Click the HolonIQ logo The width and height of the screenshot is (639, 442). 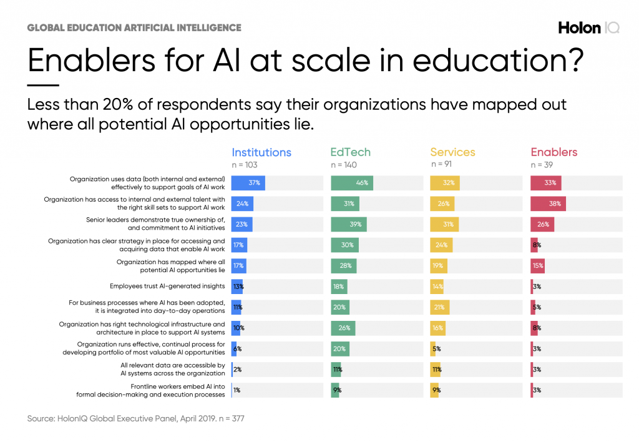[x=588, y=28]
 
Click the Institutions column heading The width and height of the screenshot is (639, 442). [x=261, y=152]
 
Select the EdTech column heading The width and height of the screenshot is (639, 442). [x=350, y=152]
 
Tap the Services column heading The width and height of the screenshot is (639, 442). [x=452, y=152]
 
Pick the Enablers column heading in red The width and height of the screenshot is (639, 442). [x=554, y=152]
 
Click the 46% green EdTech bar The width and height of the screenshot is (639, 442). [x=352, y=183]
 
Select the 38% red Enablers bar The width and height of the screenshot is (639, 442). [x=548, y=204]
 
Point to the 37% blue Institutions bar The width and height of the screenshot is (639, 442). [x=248, y=183]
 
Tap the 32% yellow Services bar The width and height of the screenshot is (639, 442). [x=445, y=183]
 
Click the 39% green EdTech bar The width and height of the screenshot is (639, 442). [x=349, y=224]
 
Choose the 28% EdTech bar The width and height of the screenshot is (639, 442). [x=344, y=265]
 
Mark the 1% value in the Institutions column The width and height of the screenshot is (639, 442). [x=237, y=390]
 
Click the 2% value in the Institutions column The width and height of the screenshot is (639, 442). [x=237, y=369]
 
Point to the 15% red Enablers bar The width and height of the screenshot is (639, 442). [x=537, y=265]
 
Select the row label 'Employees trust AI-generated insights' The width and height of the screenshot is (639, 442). [x=167, y=286]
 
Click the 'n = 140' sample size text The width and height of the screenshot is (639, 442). [x=344, y=165]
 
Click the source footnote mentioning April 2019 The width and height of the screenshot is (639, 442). [x=135, y=418]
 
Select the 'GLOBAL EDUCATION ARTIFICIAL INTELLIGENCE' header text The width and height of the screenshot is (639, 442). [x=134, y=28]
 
